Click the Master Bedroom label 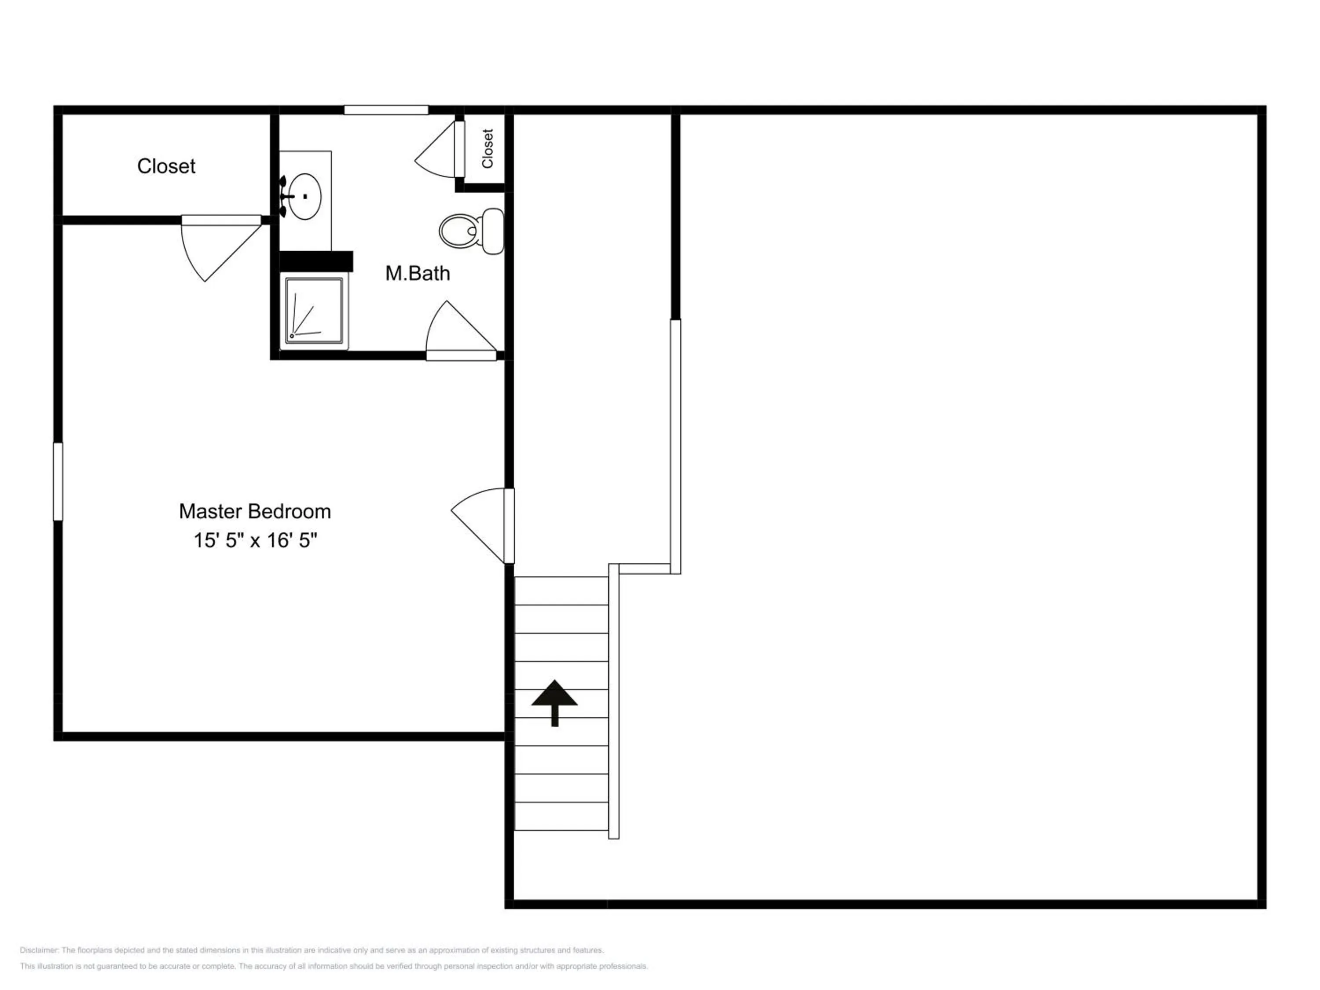pyautogui.click(x=255, y=511)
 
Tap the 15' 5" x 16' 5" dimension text pyautogui.click(x=255, y=541)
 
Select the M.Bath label pyautogui.click(x=418, y=273)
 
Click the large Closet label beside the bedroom pyautogui.click(x=166, y=166)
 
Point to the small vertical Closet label pyautogui.click(x=488, y=149)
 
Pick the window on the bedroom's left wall pyautogui.click(x=58, y=481)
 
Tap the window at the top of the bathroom pyautogui.click(x=386, y=110)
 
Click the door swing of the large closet pyautogui.click(x=221, y=247)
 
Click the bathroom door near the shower pyautogui.click(x=461, y=330)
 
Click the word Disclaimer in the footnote pyautogui.click(x=39, y=950)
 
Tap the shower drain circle pyautogui.click(x=291, y=336)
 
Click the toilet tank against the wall pyautogui.click(x=493, y=231)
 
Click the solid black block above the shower pyautogui.click(x=316, y=261)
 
